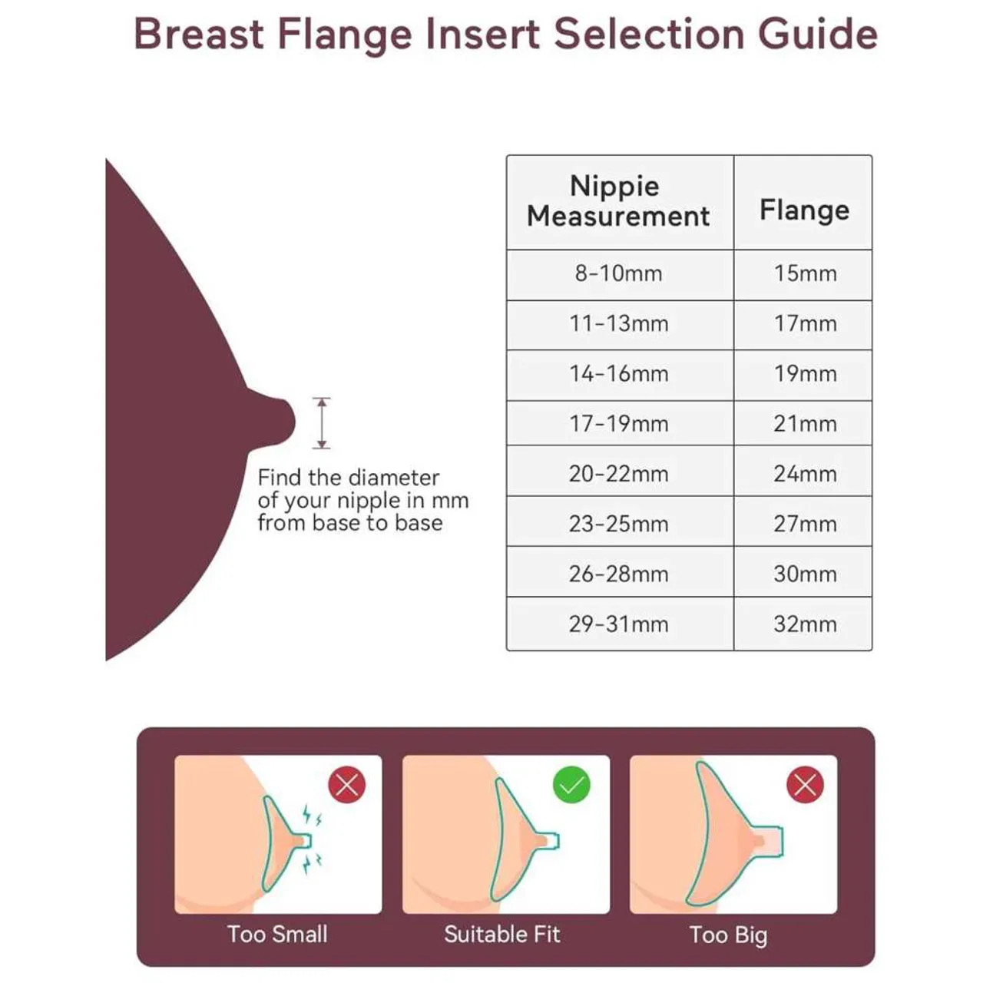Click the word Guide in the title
click(818, 35)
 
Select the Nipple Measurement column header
click(619, 201)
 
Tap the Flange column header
click(803, 201)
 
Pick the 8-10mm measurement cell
click(619, 274)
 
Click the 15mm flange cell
click(803, 274)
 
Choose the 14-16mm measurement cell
click(619, 375)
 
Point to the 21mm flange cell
click(803, 424)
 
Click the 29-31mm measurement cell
click(619, 624)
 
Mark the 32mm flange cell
click(803, 624)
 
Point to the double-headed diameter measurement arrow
click(321, 423)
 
